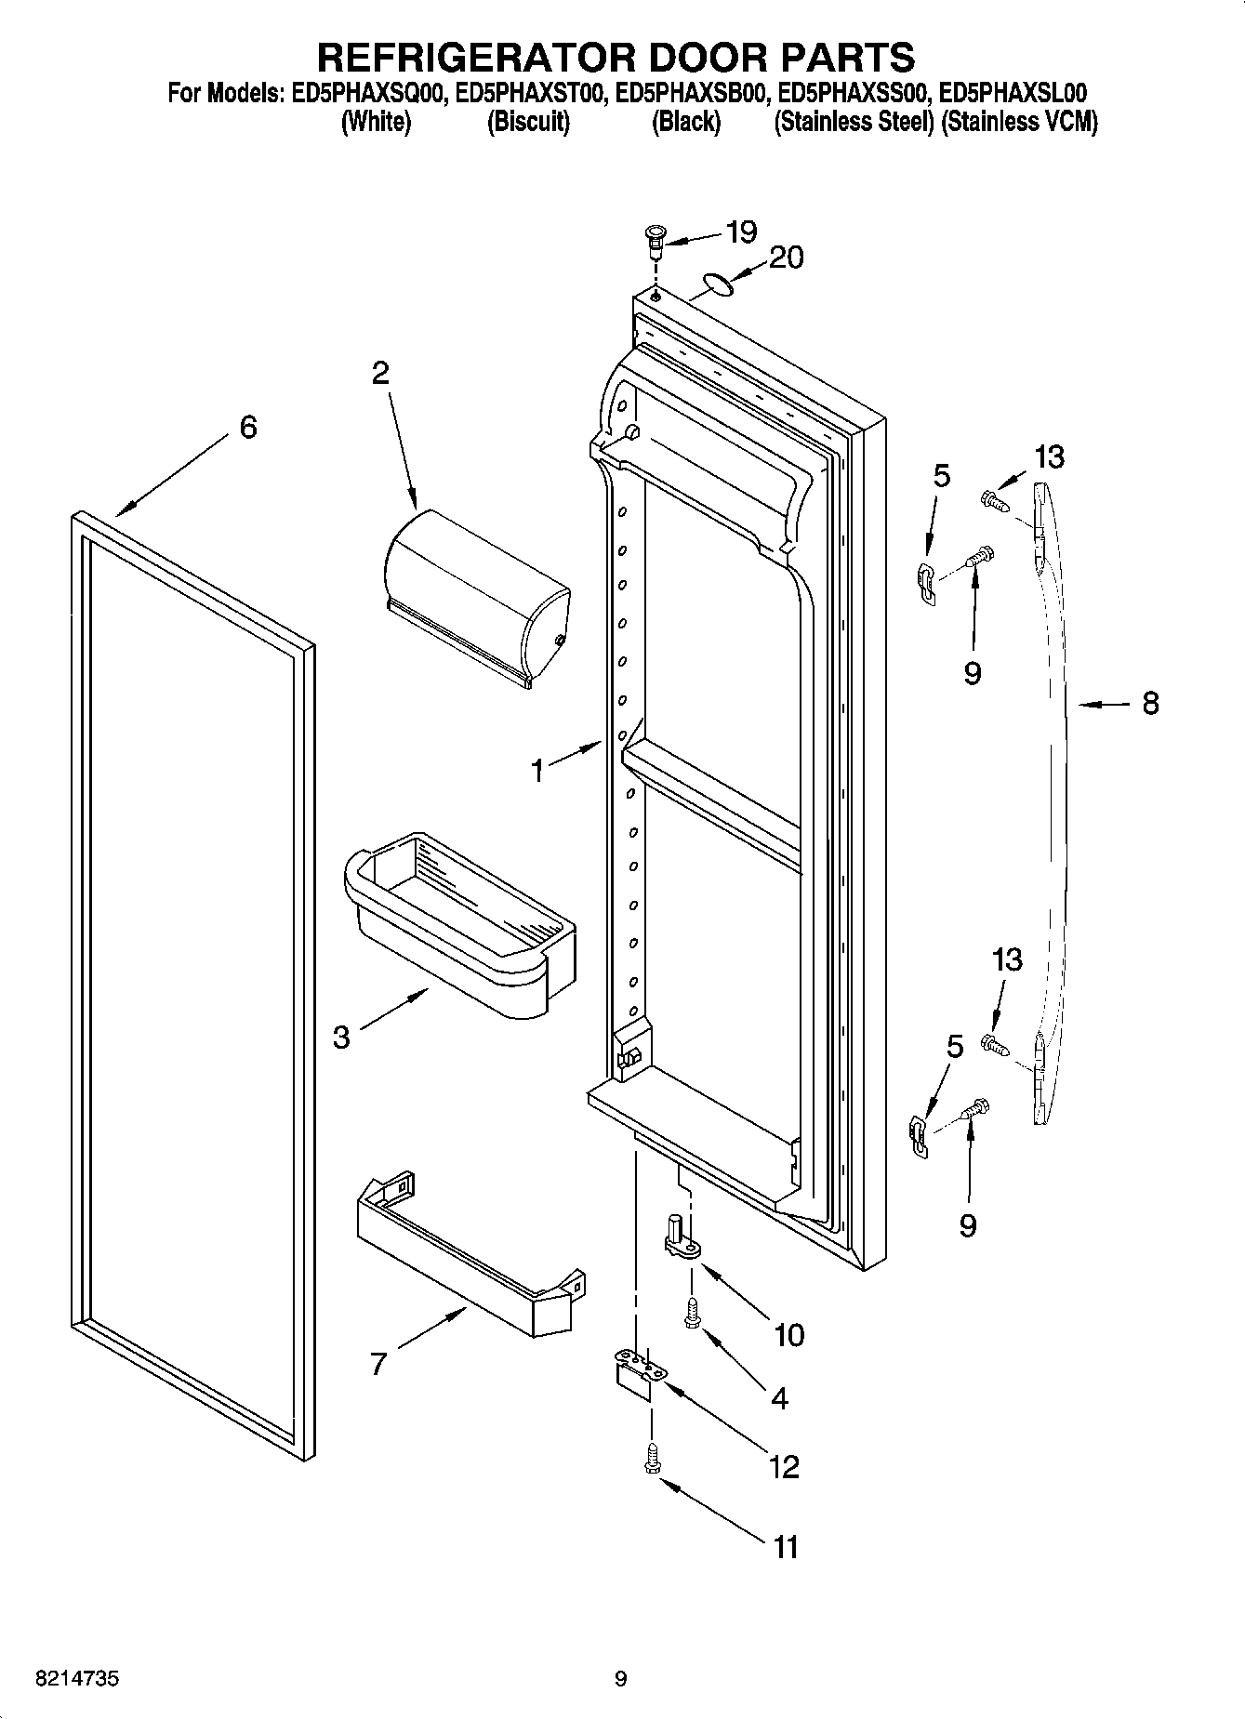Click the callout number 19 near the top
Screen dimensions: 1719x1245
click(x=741, y=231)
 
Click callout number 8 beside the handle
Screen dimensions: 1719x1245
click(x=1150, y=704)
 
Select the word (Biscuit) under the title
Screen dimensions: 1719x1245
click(x=528, y=122)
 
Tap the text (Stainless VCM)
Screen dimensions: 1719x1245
click(x=1019, y=122)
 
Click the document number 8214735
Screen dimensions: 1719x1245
click(x=76, y=1679)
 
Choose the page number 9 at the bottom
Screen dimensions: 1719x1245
click(x=620, y=1679)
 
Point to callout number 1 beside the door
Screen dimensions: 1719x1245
click(x=537, y=771)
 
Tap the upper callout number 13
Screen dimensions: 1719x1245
click(x=1049, y=456)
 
